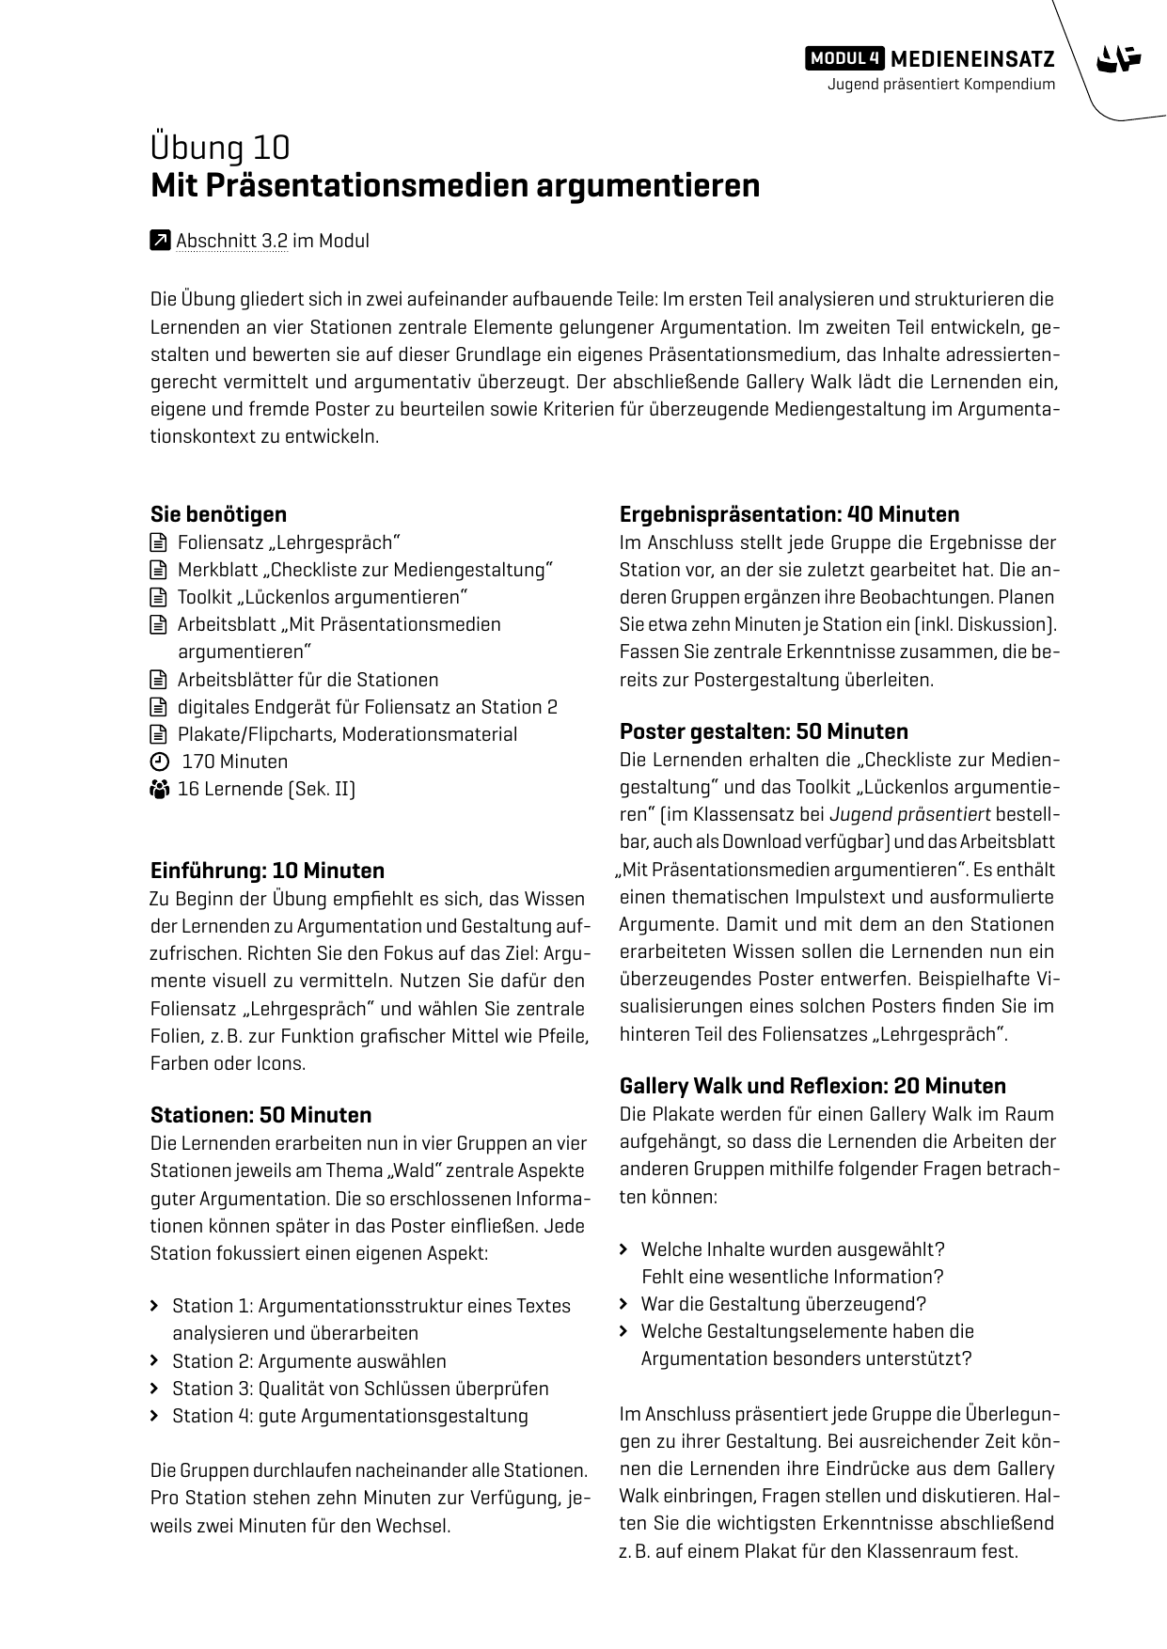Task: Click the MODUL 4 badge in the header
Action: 844,58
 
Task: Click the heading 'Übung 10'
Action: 220,149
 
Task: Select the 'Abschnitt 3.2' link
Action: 231,241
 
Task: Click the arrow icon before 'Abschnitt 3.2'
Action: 160,241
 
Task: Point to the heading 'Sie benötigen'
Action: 218,514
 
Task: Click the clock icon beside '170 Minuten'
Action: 159,762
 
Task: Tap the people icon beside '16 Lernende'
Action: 158,789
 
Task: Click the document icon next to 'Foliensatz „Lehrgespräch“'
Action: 158,542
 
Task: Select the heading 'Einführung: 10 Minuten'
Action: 267,871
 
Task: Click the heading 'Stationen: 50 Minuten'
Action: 260,1115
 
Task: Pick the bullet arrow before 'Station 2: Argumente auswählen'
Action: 155,1361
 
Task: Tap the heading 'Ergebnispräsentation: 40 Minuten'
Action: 789,514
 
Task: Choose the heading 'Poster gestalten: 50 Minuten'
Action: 764,731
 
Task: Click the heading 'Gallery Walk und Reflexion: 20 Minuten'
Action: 812,1086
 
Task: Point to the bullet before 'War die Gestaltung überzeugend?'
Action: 624,1304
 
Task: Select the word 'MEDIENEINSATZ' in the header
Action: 971,58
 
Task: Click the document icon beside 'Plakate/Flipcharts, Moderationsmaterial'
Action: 158,734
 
